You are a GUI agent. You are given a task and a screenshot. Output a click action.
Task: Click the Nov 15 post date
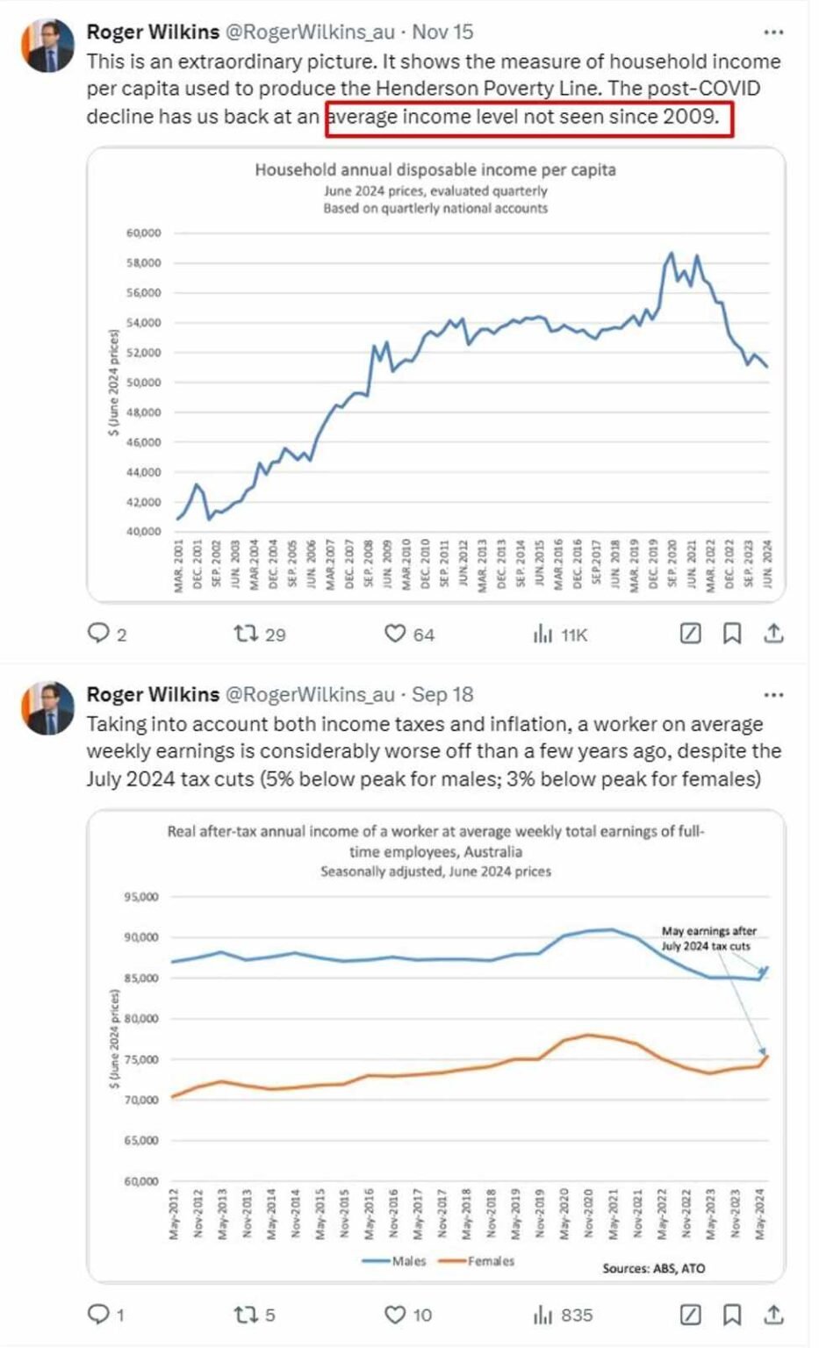pyautogui.click(x=442, y=32)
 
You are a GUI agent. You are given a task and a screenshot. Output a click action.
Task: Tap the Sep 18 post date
pyautogui.click(x=442, y=695)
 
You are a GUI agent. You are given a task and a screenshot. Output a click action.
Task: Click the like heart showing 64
pyautogui.click(x=396, y=634)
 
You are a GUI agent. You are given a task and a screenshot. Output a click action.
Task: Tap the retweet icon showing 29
pyautogui.click(x=246, y=634)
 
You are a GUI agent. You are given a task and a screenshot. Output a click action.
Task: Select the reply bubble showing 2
pyautogui.click(x=97, y=634)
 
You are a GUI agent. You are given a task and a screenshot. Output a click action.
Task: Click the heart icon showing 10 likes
pyautogui.click(x=396, y=1315)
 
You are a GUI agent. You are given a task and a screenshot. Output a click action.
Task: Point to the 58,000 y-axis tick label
pyautogui.click(x=144, y=262)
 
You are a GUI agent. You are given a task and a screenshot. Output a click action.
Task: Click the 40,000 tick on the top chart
pyautogui.click(x=144, y=531)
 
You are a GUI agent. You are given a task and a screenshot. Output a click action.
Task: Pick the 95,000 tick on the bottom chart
pyautogui.click(x=141, y=897)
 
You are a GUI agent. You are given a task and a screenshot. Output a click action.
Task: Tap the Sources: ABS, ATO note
pyautogui.click(x=653, y=1268)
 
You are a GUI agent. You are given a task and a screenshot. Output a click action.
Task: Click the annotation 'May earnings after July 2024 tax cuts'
pyautogui.click(x=708, y=938)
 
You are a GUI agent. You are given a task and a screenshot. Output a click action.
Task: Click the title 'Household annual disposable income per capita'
pyautogui.click(x=435, y=169)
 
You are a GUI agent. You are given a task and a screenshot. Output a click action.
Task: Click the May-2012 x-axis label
pyautogui.click(x=174, y=1215)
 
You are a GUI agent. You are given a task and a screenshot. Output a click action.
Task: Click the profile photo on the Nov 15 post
pyautogui.click(x=48, y=46)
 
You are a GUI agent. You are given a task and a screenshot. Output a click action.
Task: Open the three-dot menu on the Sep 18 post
pyautogui.click(x=773, y=695)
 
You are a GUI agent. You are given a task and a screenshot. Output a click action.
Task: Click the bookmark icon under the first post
pyautogui.click(x=732, y=634)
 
